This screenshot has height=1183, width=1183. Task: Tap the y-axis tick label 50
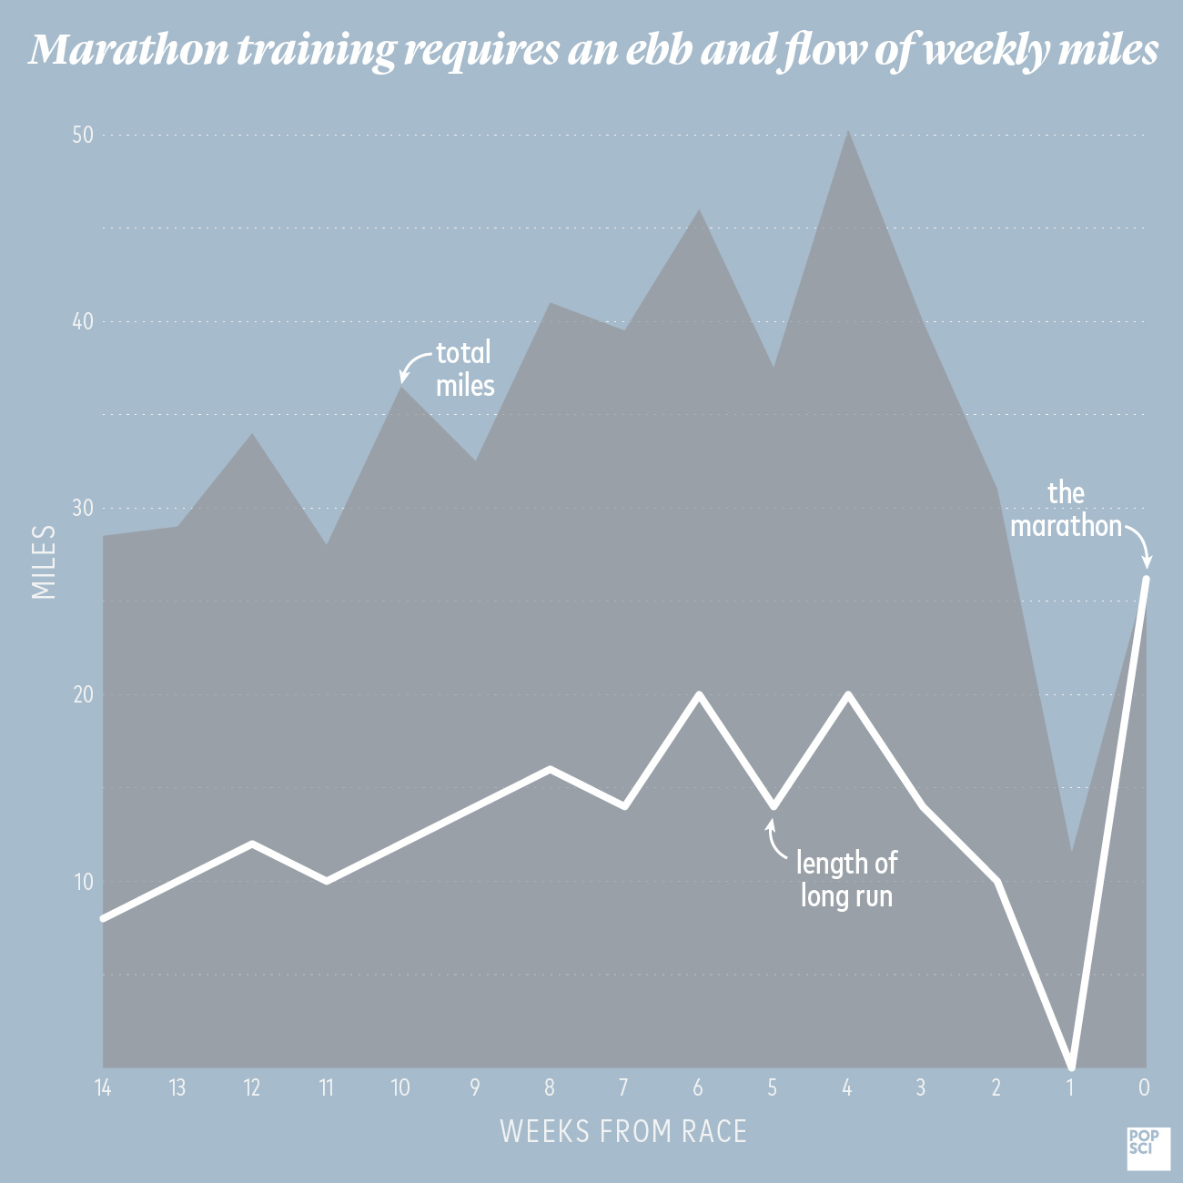point(83,136)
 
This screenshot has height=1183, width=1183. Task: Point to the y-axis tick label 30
point(83,509)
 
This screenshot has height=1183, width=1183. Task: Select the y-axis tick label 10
point(83,882)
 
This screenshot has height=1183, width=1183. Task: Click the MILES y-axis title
point(44,561)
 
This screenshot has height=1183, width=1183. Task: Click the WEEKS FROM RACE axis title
point(623,1131)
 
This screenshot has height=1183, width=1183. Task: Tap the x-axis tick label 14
point(103,1087)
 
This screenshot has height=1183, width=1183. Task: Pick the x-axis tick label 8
point(549,1087)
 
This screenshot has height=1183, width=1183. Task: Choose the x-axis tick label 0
point(1144,1087)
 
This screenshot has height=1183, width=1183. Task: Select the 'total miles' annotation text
point(464,369)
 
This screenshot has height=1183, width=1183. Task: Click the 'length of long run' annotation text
point(846,879)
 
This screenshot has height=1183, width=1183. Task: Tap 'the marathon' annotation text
point(1066,510)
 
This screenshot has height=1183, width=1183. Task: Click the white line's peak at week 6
point(699,694)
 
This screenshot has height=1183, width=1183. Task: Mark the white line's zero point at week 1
point(1072,1065)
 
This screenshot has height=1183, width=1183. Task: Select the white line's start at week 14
point(104,918)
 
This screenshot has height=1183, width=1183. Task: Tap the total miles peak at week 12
point(253,435)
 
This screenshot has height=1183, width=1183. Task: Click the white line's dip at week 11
point(327,881)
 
